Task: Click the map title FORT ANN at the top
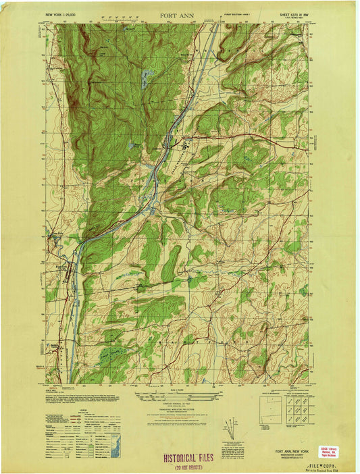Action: [180, 14]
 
